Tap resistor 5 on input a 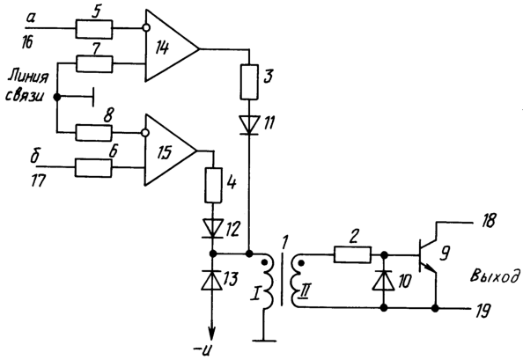(94, 29)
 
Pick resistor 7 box (94, 63)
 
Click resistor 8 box (94, 133)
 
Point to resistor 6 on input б (93, 167)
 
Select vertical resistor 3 (249, 82)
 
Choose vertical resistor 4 (213, 186)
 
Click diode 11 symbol (249, 125)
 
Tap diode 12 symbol (213, 228)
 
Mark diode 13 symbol (212, 280)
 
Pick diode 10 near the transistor (384, 280)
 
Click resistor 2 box (352, 255)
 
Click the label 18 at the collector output (487, 220)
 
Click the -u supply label (203, 350)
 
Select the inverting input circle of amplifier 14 (145, 28)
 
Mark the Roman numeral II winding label (304, 293)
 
